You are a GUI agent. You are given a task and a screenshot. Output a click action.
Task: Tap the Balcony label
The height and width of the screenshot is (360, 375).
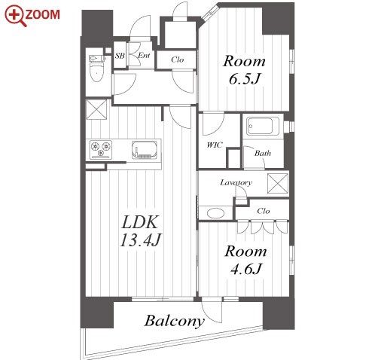174,321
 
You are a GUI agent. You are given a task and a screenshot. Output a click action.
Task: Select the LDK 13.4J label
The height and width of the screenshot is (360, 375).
140,230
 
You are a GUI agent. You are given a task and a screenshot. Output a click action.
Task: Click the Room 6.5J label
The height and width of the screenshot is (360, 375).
244,69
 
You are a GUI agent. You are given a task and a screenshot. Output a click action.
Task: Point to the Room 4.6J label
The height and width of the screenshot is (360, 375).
245,260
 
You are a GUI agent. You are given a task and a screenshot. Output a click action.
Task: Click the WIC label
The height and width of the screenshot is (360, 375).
215,145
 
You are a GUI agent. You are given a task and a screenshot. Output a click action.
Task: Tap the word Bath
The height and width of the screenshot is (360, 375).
263,153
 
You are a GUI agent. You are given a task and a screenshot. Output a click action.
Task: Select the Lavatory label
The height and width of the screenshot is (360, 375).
236,182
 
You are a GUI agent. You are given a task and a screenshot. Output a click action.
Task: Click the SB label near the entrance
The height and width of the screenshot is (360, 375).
120,56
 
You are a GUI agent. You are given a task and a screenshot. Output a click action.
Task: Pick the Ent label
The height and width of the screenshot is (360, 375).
144,55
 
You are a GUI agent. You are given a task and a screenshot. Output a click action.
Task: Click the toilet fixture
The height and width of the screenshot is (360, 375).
97,69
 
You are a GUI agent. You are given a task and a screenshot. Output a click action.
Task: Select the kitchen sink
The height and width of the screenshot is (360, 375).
145,150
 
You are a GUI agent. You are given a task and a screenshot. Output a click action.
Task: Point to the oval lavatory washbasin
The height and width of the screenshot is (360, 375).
215,213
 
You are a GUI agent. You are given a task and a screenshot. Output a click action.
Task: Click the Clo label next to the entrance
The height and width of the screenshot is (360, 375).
178,59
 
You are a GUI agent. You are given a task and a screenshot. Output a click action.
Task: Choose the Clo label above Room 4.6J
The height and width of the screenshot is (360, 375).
264,211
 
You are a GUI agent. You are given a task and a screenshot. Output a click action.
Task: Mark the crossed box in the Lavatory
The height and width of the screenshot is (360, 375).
278,184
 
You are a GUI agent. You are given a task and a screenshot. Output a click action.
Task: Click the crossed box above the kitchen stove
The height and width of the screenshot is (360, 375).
96,109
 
